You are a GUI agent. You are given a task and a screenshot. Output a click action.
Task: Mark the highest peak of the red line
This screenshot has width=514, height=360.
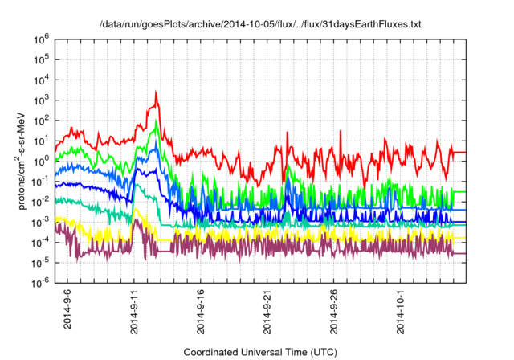[x=156, y=92]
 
